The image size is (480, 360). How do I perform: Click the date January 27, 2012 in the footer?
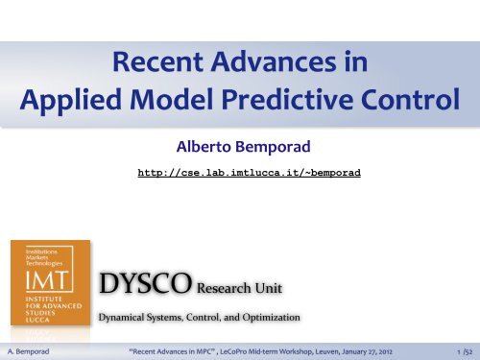click(x=385, y=350)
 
